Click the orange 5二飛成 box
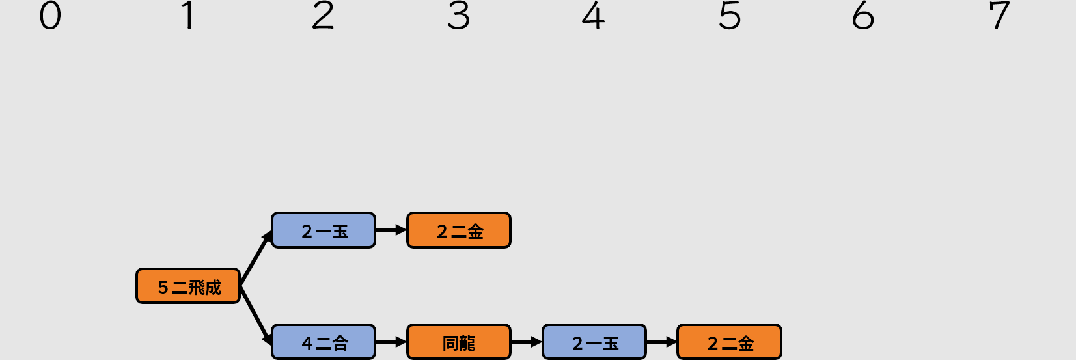[188, 286]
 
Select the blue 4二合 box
[324, 342]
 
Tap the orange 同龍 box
[459, 342]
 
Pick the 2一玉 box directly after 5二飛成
[324, 230]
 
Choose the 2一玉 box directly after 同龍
[594, 342]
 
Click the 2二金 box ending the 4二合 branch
[730, 342]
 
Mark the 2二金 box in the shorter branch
[459, 230]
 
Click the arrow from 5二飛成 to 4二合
[255, 314]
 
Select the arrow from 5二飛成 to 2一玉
[255, 258]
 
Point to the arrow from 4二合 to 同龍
[391, 342]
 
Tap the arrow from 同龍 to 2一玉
[526, 342]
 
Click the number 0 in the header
[50, 16]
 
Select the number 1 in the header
[187, 16]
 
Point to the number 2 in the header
[323, 16]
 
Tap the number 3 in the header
[459, 16]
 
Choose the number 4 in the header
[594, 16]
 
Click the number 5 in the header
[730, 16]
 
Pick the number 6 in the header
[864, 16]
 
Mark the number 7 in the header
[999, 16]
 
